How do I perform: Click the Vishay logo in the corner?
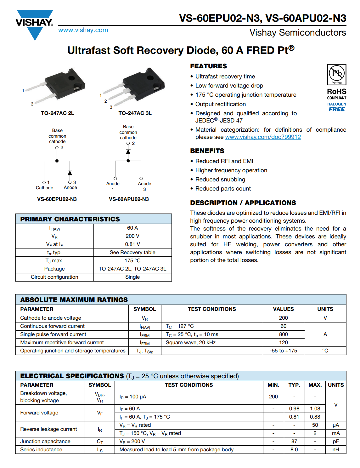click(x=34, y=24)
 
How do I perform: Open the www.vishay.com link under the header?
click(x=83, y=30)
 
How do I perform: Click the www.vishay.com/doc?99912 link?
click(x=263, y=137)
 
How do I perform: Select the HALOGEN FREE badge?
click(x=336, y=107)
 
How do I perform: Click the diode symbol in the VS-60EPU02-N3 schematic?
click(x=70, y=173)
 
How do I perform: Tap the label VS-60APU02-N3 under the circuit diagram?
click(x=129, y=199)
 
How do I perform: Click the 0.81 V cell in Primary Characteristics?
click(x=132, y=244)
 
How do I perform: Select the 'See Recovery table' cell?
click(x=132, y=253)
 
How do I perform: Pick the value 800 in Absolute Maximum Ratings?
click(x=283, y=334)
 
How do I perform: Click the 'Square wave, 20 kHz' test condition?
click(x=190, y=343)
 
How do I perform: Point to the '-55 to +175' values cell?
click(x=283, y=351)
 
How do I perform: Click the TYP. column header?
click(x=294, y=385)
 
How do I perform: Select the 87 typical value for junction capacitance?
click(x=294, y=442)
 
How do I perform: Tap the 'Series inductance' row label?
click(x=41, y=450)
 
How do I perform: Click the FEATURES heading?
click(x=208, y=66)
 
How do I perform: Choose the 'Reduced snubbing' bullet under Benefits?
click(x=220, y=180)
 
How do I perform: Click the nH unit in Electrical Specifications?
click(x=336, y=450)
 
